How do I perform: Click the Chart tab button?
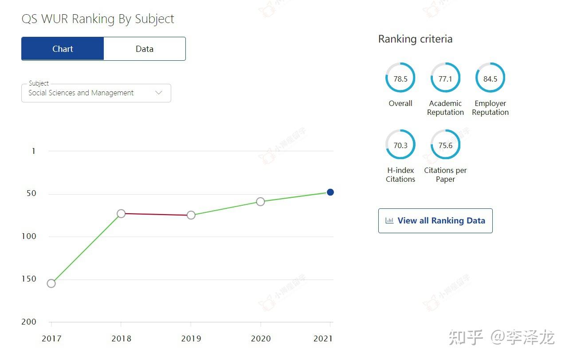(x=63, y=49)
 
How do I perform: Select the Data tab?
(x=145, y=49)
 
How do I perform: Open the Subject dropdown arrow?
(x=159, y=93)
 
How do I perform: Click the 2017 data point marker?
(x=51, y=283)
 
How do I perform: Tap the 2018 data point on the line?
(x=121, y=214)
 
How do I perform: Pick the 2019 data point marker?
(x=191, y=215)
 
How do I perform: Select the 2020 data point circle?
(x=260, y=202)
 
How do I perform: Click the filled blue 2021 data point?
(x=330, y=192)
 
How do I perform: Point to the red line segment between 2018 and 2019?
(x=156, y=215)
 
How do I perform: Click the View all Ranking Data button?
(x=435, y=221)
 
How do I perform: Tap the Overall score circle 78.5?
(x=400, y=78)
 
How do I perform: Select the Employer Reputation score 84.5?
(x=490, y=78)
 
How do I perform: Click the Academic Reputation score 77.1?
(x=445, y=78)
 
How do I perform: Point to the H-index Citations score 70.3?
(x=400, y=145)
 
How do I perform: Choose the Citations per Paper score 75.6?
(x=445, y=145)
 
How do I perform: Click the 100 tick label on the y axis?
(x=28, y=236)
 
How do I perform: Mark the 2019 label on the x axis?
(x=191, y=339)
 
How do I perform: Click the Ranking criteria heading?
(x=415, y=39)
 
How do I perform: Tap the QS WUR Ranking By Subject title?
(x=98, y=19)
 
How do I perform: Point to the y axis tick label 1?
(x=33, y=151)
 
